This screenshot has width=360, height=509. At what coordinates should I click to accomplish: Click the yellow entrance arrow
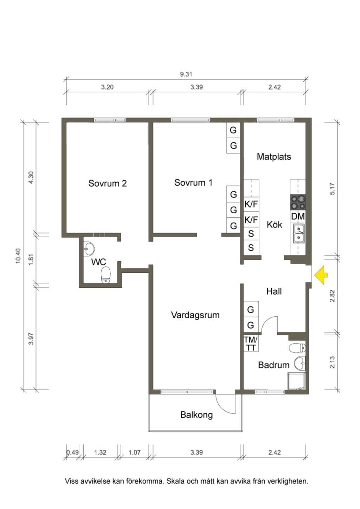[321, 275]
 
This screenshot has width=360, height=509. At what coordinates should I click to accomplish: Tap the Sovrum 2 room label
[107, 183]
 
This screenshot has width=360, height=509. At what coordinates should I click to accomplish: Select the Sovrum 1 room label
[193, 182]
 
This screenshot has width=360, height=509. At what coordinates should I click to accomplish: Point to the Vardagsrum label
[195, 315]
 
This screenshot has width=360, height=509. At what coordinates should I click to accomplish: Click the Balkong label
[197, 415]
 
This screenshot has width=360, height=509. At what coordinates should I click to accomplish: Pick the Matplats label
[274, 157]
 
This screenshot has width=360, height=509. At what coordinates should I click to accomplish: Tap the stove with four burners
[298, 202]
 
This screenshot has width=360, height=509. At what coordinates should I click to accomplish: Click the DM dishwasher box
[298, 217]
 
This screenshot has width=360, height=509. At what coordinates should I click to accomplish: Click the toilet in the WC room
[106, 275]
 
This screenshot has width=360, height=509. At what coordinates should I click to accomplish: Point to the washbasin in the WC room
[89, 249]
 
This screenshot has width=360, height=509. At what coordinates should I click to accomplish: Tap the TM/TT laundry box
[251, 343]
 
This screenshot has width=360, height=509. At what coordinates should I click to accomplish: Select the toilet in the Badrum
[297, 347]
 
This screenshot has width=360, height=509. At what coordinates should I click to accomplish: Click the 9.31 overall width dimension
[186, 74]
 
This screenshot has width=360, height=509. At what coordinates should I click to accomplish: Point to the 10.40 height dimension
[18, 256]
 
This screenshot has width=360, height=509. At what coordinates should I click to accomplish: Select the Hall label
[274, 291]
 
